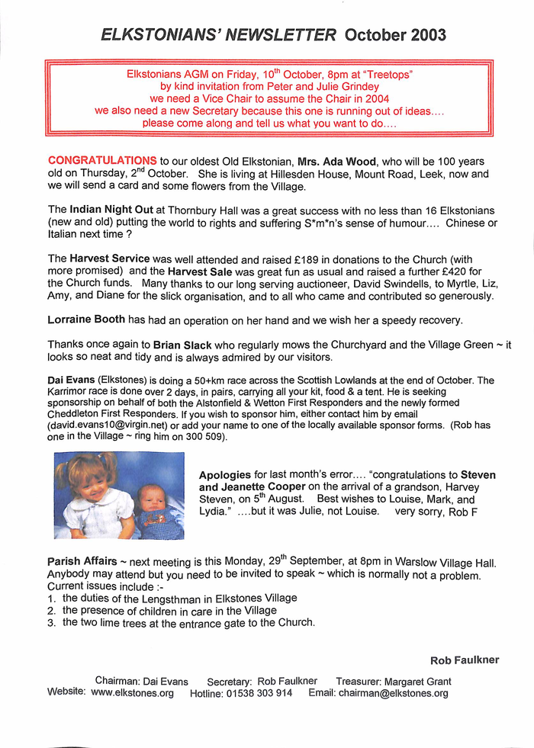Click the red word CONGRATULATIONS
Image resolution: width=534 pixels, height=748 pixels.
tap(102, 160)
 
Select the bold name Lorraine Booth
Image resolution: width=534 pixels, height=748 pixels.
tap(87, 319)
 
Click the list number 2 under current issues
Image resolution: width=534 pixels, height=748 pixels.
tap(50, 611)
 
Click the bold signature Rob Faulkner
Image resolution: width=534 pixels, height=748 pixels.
tap(465, 660)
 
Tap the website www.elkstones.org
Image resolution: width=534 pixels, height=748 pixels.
tap(132, 694)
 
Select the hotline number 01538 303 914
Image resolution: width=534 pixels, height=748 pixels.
tap(259, 694)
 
